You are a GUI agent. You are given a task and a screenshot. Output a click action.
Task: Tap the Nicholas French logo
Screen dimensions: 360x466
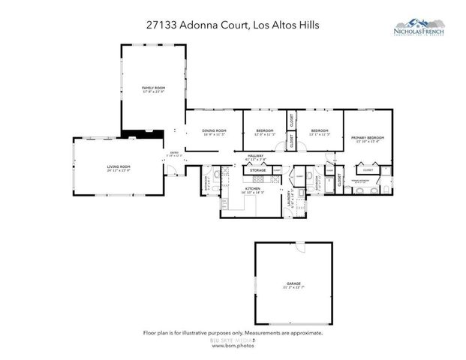coord(425,28)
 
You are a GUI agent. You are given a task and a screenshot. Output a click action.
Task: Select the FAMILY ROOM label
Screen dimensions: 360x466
coord(153,88)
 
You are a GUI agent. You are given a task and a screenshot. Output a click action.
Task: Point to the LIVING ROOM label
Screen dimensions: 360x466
coord(119,166)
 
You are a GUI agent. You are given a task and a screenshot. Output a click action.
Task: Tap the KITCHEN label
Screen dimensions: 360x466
coord(242,188)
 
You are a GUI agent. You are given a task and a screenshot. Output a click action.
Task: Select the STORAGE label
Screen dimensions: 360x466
coord(257,170)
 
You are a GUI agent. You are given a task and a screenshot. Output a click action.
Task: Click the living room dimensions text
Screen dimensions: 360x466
coord(119,171)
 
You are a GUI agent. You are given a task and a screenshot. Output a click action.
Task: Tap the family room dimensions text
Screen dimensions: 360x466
coord(153,93)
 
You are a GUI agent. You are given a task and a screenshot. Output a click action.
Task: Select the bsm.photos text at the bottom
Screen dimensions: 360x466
coord(233,346)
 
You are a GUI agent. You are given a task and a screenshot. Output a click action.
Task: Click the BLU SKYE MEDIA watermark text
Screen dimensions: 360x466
coord(232,340)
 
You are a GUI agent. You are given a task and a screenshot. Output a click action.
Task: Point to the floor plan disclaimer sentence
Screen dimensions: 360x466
coord(233,332)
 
